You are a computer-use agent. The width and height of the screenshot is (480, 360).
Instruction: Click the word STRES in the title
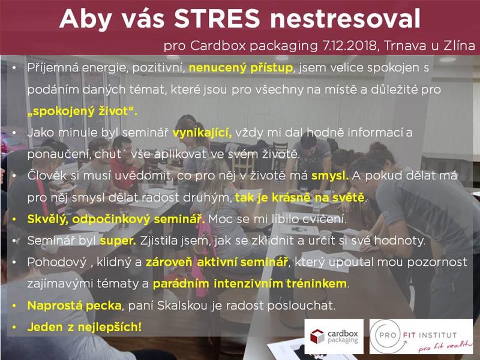click(217, 19)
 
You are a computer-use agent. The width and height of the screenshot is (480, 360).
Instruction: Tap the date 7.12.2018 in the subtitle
click(349, 46)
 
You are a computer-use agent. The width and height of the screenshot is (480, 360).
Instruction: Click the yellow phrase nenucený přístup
click(241, 68)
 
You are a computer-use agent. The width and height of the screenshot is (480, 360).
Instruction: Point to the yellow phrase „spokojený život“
click(82, 111)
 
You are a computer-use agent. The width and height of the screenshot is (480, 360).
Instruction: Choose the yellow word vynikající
click(202, 133)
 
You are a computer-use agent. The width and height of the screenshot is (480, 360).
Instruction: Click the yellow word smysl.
click(330, 176)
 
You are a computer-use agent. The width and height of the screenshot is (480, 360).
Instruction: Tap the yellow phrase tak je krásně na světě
click(300, 197)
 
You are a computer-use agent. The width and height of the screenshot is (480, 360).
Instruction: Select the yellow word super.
click(118, 241)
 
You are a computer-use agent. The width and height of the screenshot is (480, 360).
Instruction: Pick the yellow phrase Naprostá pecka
click(74, 305)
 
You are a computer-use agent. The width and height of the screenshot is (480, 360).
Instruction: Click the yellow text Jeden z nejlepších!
click(85, 327)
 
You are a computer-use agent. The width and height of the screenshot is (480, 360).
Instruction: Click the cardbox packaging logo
click(334, 337)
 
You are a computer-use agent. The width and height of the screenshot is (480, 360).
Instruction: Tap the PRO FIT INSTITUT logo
click(421, 337)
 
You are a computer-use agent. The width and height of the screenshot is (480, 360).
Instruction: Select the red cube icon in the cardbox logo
click(317, 337)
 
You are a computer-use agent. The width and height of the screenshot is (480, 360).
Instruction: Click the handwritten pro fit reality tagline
click(445, 346)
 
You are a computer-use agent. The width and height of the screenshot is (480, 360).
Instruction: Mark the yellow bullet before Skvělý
click(14, 220)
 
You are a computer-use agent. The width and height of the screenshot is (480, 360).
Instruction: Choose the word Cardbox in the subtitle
click(218, 46)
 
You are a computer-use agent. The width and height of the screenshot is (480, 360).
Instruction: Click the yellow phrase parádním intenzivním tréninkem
click(250, 284)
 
